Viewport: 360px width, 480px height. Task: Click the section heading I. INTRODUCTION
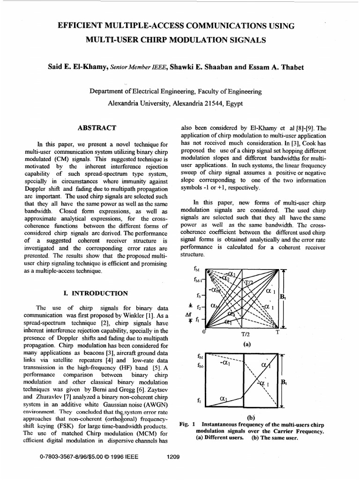(95, 293)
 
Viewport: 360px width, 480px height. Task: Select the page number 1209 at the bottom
(173, 457)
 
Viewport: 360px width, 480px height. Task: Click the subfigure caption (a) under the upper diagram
(246, 343)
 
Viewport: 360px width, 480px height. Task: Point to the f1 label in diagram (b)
(200, 401)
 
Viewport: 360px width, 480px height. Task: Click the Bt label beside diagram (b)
(283, 382)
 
